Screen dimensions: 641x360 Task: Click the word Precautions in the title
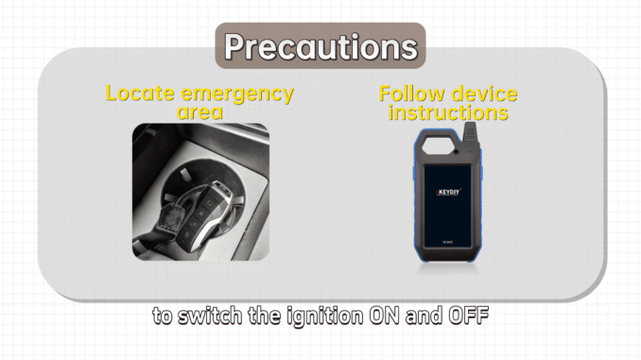pyautogui.click(x=320, y=46)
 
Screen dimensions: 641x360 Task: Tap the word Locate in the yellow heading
pyautogui.click(x=140, y=93)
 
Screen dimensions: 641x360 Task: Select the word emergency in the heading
pyautogui.click(x=237, y=94)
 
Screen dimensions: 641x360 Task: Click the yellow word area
pyautogui.click(x=199, y=111)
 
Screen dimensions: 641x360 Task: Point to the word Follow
pyautogui.click(x=411, y=94)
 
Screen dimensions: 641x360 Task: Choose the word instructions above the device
pyautogui.click(x=448, y=112)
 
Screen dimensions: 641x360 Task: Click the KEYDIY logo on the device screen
pyautogui.click(x=448, y=192)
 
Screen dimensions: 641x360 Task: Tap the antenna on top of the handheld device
pyautogui.click(x=471, y=136)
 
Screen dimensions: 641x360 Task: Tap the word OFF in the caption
pyautogui.click(x=469, y=316)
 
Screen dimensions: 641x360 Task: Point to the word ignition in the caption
pyautogui.click(x=324, y=317)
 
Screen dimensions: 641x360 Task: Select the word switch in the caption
pyautogui.click(x=210, y=316)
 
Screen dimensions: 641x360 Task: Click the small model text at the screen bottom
pyautogui.click(x=447, y=242)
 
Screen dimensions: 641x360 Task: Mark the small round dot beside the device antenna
pyautogui.click(x=456, y=152)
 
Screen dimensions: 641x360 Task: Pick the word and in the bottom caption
pyautogui.click(x=424, y=316)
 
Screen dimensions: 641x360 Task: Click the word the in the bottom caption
pyautogui.click(x=264, y=316)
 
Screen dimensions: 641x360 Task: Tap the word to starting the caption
pyautogui.click(x=163, y=317)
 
